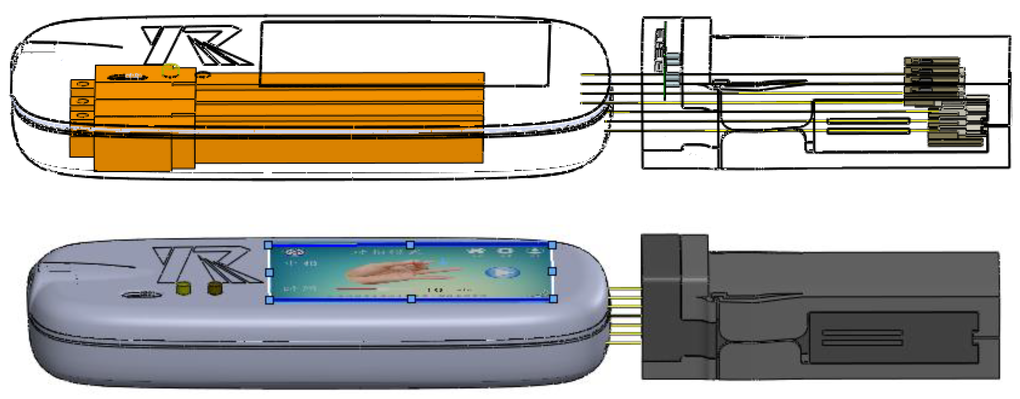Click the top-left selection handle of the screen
[x=268, y=245]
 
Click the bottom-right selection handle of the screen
[x=553, y=299]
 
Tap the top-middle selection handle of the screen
[x=410, y=245]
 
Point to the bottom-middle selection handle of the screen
[x=411, y=299]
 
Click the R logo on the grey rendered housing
[x=206, y=264]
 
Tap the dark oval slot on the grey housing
[x=143, y=294]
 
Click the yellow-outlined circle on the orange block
[x=170, y=71]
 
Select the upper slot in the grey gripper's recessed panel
[x=862, y=333]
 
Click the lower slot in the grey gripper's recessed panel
[x=862, y=342]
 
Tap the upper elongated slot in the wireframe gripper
[x=867, y=121]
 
